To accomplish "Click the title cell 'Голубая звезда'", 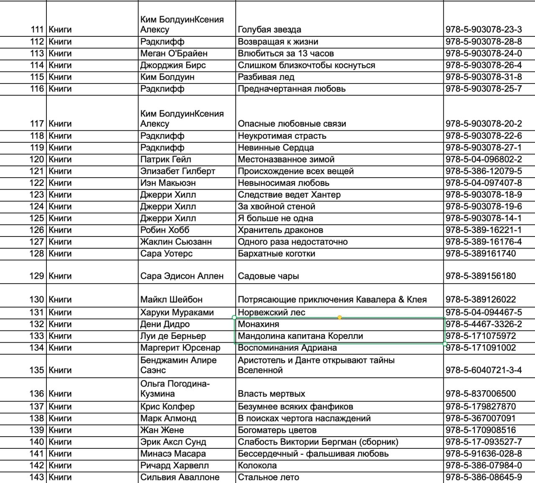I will [270, 30].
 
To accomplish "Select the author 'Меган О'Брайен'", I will [174, 53].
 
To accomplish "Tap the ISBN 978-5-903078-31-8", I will [484, 77].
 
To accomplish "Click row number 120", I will [37, 159].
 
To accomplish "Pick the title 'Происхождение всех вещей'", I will [296, 171].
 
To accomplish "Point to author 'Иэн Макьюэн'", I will [168, 183].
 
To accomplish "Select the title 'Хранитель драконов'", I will [280, 230].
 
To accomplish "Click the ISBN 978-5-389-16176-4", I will [484, 241].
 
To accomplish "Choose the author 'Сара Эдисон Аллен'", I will [182, 276].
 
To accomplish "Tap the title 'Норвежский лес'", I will [272, 312].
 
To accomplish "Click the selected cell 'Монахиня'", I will [259, 324].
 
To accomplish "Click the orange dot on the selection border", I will [339, 318].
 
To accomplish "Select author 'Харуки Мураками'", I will [177, 312].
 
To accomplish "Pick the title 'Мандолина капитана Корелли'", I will [301, 336].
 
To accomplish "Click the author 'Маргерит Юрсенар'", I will [180, 348].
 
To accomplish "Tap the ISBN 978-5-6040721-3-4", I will [484, 370].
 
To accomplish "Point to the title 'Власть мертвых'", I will [272, 394].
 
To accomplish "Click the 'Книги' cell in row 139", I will [60, 430].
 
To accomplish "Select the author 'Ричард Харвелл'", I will [175, 465].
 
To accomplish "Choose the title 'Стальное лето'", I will [268, 477].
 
